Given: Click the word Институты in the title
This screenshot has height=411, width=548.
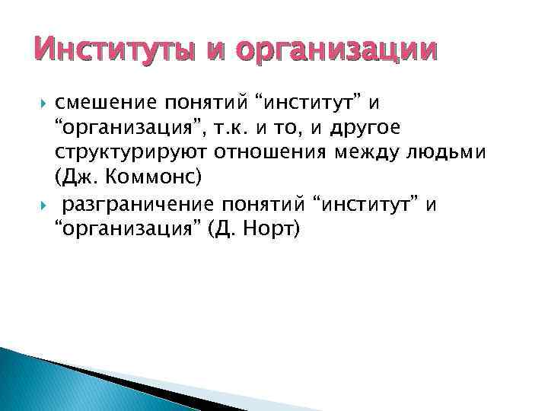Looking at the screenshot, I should [113, 50].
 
